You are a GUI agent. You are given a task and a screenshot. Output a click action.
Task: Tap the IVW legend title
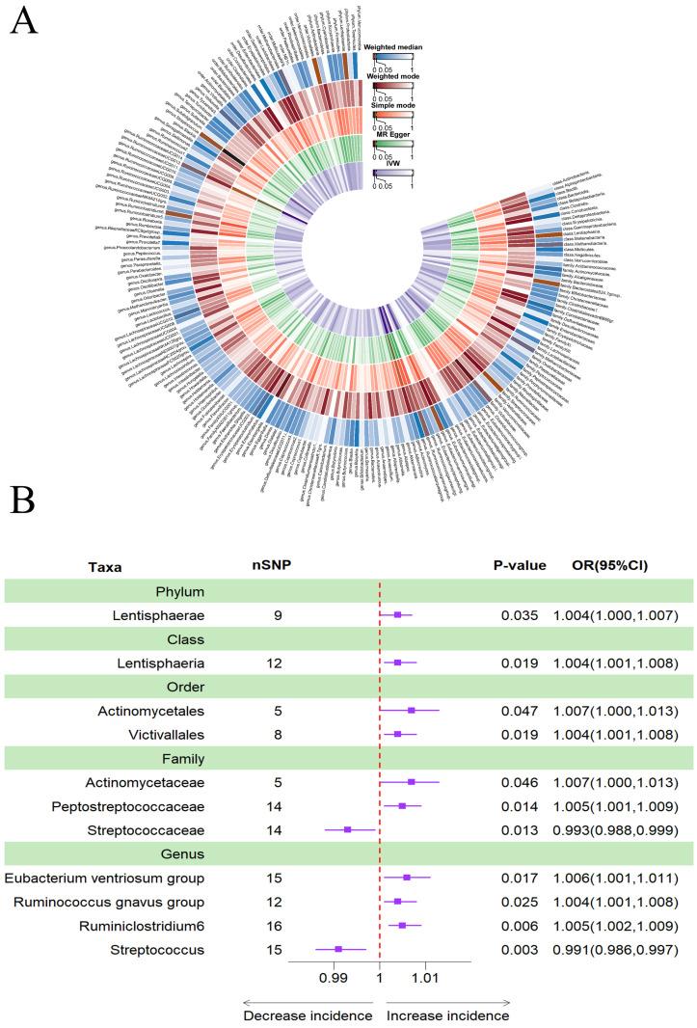coord(384,159)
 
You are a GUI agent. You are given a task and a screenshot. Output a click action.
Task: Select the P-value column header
coord(520,565)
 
